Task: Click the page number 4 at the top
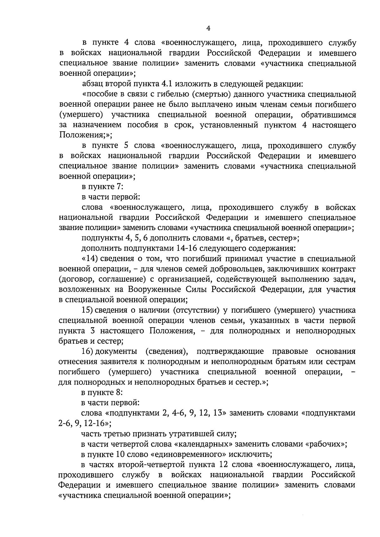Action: click(208, 28)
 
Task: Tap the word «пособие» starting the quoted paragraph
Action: click(100, 94)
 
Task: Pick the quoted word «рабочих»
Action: click(326, 444)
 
